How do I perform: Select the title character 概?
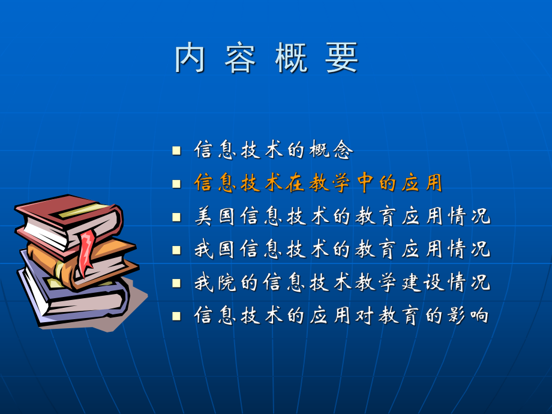(x=292, y=59)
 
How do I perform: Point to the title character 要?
(x=343, y=59)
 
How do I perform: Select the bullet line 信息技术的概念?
(x=273, y=150)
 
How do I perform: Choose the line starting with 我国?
(x=342, y=249)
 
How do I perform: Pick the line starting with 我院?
(x=342, y=282)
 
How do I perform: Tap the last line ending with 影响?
(x=342, y=315)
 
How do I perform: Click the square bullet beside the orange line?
(x=176, y=184)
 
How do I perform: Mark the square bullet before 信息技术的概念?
(x=176, y=151)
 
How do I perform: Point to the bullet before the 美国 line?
(x=176, y=217)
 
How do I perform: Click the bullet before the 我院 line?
(x=176, y=282)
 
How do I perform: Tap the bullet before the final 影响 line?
(x=176, y=315)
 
